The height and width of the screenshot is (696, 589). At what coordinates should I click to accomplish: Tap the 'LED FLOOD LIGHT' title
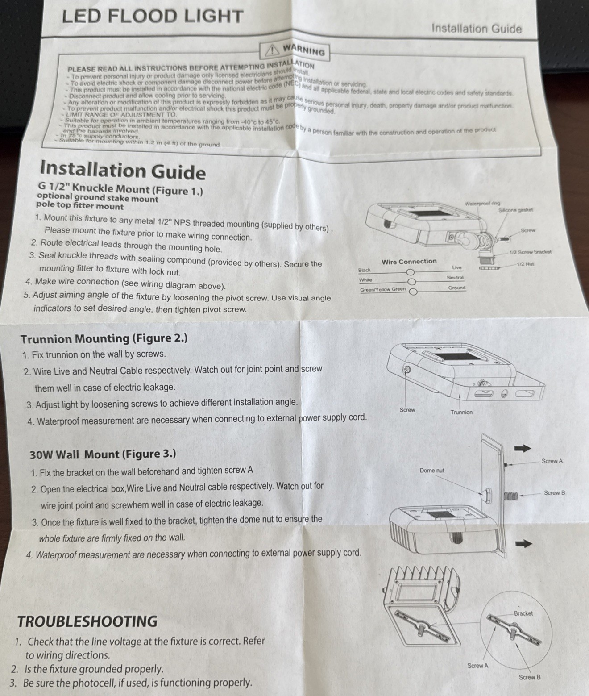152,17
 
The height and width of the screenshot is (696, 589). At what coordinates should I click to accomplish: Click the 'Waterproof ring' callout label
482,204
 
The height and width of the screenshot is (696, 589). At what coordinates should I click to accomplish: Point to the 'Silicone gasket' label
516,210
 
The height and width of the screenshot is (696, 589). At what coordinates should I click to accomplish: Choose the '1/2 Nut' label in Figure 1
525,264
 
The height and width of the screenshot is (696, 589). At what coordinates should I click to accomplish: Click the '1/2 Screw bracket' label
531,252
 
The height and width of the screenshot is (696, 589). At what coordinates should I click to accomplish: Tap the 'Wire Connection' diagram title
409,262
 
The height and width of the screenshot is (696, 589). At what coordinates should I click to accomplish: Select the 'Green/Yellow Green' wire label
383,289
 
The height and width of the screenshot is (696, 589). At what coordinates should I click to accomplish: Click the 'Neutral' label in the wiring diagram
455,278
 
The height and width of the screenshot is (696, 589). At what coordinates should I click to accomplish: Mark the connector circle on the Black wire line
410,272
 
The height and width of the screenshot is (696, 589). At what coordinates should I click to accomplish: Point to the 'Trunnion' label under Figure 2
461,412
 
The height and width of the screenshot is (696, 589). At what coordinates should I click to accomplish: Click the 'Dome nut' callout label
432,471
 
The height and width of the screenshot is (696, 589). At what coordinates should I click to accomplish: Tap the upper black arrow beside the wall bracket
522,448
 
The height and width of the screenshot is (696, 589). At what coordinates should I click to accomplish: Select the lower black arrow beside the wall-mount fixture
524,543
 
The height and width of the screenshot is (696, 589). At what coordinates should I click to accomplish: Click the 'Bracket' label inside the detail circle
523,613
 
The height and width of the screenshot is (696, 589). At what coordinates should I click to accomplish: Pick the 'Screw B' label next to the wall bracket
554,492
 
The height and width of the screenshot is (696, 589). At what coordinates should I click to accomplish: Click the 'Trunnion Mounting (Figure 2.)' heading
104,338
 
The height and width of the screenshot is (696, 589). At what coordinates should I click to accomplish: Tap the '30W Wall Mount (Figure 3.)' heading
103,454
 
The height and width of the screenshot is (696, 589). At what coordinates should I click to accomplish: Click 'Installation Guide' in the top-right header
476,28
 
